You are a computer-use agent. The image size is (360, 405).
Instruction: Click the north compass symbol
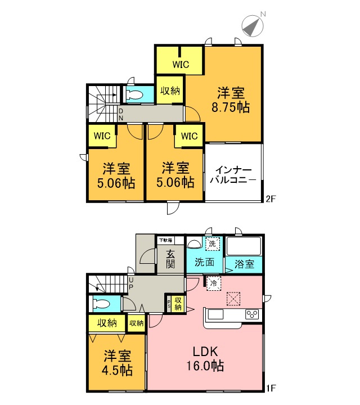point(253,24)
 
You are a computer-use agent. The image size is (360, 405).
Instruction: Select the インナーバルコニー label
point(233,175)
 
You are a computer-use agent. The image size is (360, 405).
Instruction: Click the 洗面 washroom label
point(205,262)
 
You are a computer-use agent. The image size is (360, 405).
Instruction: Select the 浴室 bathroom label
point(244,263)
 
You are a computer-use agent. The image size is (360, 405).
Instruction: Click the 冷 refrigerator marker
point(213,283)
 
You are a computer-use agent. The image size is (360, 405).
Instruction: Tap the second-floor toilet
point(134,95)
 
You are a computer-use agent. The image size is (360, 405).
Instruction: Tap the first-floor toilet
point(105,304)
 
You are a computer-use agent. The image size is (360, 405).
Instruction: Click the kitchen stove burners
point(251,314)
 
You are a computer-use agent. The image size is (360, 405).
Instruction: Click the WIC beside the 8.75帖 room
point(180,64)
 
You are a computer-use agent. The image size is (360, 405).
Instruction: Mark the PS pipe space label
point(169,305)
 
